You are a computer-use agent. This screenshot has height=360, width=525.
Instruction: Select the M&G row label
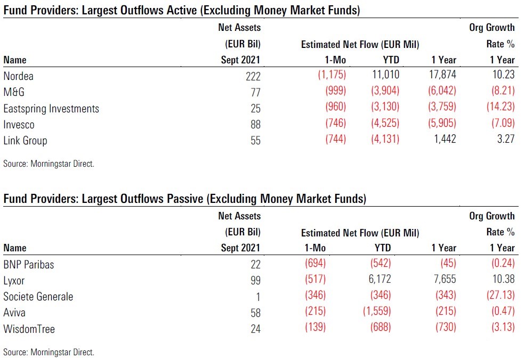click(x=15, y=93)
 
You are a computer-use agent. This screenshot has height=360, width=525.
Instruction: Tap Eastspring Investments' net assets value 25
click(x=255, y=109)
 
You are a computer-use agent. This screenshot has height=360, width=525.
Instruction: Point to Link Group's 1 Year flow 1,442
click(x=443, y=141)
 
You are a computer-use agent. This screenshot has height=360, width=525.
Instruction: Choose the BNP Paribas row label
click(x=28, y=264)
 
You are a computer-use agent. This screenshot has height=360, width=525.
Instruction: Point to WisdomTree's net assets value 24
click(x=255, y=329)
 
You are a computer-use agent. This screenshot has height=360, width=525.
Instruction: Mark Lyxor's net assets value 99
click(x=255, y=280)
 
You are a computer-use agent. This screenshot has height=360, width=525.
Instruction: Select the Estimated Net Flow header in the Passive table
click(x=360, y=233)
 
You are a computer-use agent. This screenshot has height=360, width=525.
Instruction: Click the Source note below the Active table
click(x=49, y=164)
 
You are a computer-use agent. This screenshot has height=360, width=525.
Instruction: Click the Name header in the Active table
click(x=14, y=60)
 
